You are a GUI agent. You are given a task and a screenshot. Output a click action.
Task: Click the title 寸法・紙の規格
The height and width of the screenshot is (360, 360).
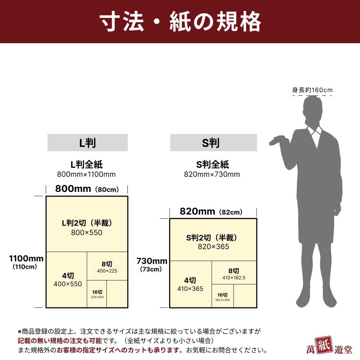(180, 22)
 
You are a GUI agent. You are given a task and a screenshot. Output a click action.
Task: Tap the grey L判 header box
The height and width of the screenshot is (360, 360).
(87, 143)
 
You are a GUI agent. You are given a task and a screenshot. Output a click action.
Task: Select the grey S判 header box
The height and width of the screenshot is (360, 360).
(213, 143)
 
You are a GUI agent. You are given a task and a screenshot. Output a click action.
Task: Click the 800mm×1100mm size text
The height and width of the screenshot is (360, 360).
(86, 174)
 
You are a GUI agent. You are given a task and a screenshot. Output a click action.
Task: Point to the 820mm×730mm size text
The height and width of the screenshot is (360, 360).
(212, 174)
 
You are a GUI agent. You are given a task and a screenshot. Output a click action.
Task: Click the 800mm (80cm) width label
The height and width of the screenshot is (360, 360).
(87, 189)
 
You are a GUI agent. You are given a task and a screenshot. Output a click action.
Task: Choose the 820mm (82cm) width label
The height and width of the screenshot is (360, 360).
(211, 211)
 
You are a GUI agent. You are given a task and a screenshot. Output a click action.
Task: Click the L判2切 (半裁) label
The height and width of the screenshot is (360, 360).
(87, 223)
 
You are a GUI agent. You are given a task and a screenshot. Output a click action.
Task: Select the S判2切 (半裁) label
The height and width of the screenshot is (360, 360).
(211, 238)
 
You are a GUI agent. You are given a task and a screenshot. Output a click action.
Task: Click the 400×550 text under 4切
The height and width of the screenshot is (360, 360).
(68, 284)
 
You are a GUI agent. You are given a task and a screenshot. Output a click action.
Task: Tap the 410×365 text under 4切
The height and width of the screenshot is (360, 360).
(190, 289)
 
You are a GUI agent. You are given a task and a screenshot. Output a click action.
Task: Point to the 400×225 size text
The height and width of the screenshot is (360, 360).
(107, 271)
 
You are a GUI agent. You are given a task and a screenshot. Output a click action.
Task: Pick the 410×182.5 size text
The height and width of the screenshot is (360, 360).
(234, 278)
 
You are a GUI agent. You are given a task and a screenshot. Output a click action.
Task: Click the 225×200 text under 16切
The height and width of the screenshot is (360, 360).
(97, 297)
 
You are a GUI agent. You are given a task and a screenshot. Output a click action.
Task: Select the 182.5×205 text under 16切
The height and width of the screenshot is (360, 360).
(222, 300)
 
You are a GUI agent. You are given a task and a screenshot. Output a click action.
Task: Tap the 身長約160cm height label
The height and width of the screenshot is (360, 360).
(312, 90)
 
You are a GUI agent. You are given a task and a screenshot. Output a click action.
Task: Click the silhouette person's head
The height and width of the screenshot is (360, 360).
(313, 108)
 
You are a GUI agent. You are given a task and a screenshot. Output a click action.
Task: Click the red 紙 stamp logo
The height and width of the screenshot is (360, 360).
(324, 345)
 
